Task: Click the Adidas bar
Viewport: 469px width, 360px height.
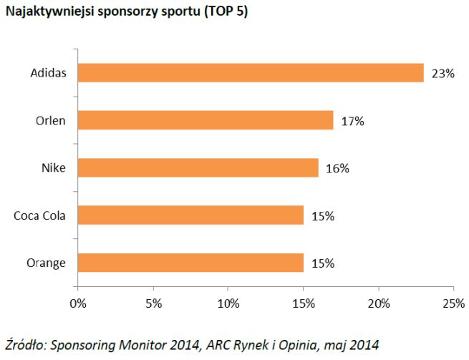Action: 250,73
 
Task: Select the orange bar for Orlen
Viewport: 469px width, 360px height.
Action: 205,120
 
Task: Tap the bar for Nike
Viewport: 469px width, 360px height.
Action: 198,167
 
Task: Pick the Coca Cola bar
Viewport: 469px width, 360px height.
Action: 190,215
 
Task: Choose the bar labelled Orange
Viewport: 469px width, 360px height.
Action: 190,262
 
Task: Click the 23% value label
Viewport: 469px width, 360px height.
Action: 443,74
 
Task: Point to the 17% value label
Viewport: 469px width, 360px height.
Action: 352,121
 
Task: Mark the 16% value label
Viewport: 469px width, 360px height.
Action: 337,168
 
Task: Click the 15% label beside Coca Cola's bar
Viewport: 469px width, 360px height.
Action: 322,215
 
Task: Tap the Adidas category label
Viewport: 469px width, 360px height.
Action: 48,73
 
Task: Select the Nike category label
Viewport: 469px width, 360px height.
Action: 54,167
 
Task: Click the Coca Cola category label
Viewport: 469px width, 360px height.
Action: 39,215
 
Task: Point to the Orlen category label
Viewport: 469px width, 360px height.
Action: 50,120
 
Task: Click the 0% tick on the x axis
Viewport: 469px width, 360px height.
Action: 77,303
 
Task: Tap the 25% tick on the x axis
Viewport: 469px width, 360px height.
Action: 453,303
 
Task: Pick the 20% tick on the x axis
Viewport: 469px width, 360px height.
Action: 378,303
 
